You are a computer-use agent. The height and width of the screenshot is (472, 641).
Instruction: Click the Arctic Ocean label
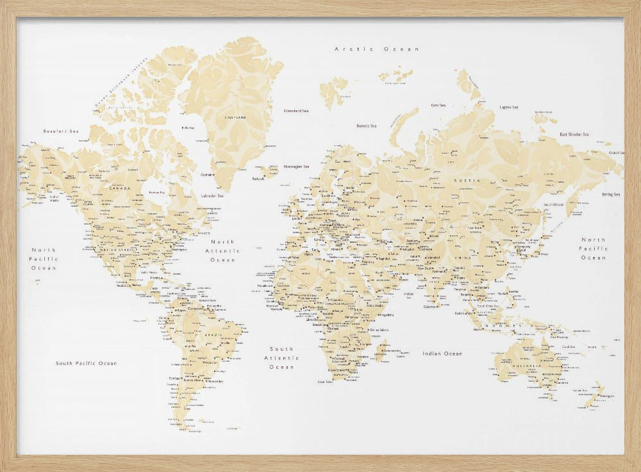[x=376, y=49]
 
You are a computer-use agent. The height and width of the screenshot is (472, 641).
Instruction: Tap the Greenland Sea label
[x=296, y=111]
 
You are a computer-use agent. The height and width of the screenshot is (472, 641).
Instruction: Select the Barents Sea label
[x=367, y=126]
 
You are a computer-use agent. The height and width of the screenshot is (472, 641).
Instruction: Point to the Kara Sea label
[x=438, y=105]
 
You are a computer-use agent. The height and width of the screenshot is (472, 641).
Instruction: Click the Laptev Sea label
[x=509, y=107]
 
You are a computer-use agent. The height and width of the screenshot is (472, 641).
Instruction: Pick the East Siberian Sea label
[x=574, y=134]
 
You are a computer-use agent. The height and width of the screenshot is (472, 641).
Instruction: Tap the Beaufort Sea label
[x=61, y=131]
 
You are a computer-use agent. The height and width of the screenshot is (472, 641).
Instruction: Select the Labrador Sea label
[x=212, y=195]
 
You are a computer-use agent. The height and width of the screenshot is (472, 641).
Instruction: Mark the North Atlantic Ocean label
[x=221, y=250]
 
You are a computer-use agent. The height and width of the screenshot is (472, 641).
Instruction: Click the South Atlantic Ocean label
[x=281, y=358]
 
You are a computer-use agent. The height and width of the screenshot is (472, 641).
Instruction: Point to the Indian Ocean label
[x=442, y=354]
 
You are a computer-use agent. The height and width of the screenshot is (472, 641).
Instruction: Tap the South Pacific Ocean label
[x=86, y=363]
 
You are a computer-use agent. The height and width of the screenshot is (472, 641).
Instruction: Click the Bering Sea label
[x=610, y=194]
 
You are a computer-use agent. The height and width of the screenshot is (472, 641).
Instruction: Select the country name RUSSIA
[x=466, y=181]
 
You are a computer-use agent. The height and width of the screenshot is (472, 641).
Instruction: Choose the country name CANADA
[x=120, y=188]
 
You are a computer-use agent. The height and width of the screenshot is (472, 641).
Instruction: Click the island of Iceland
[x=269, y=171]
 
